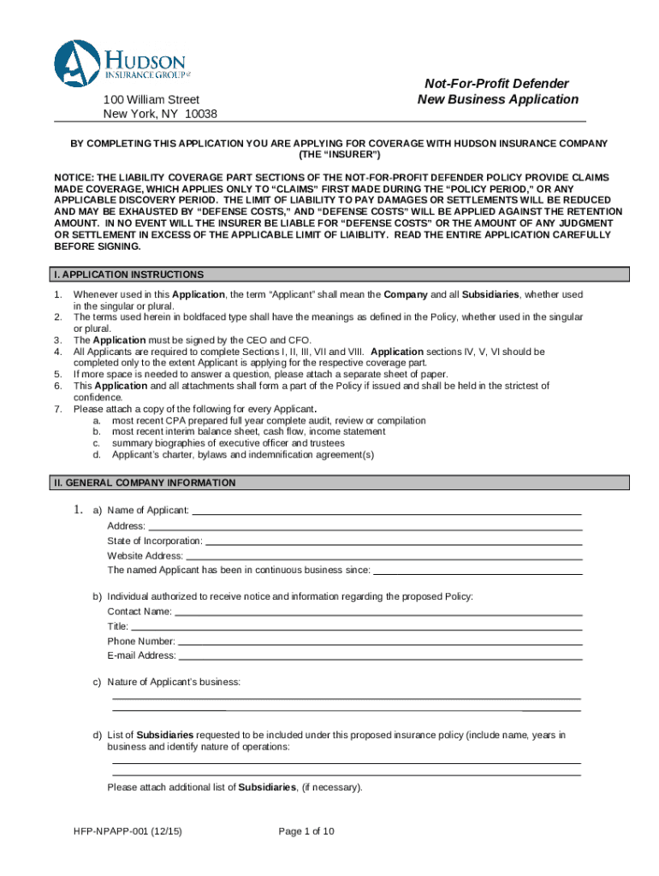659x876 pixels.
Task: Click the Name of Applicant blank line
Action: (385, 512)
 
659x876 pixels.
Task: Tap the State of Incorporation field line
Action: (394, 542)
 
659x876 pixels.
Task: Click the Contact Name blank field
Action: (377, 613)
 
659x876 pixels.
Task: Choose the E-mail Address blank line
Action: (380, 658)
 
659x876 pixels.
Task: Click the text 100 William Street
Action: (151, 100)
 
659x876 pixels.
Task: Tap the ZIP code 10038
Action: (201, 115)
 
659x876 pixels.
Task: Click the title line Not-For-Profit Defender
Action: (497, 84)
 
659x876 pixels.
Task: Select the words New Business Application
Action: (498, 99)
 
